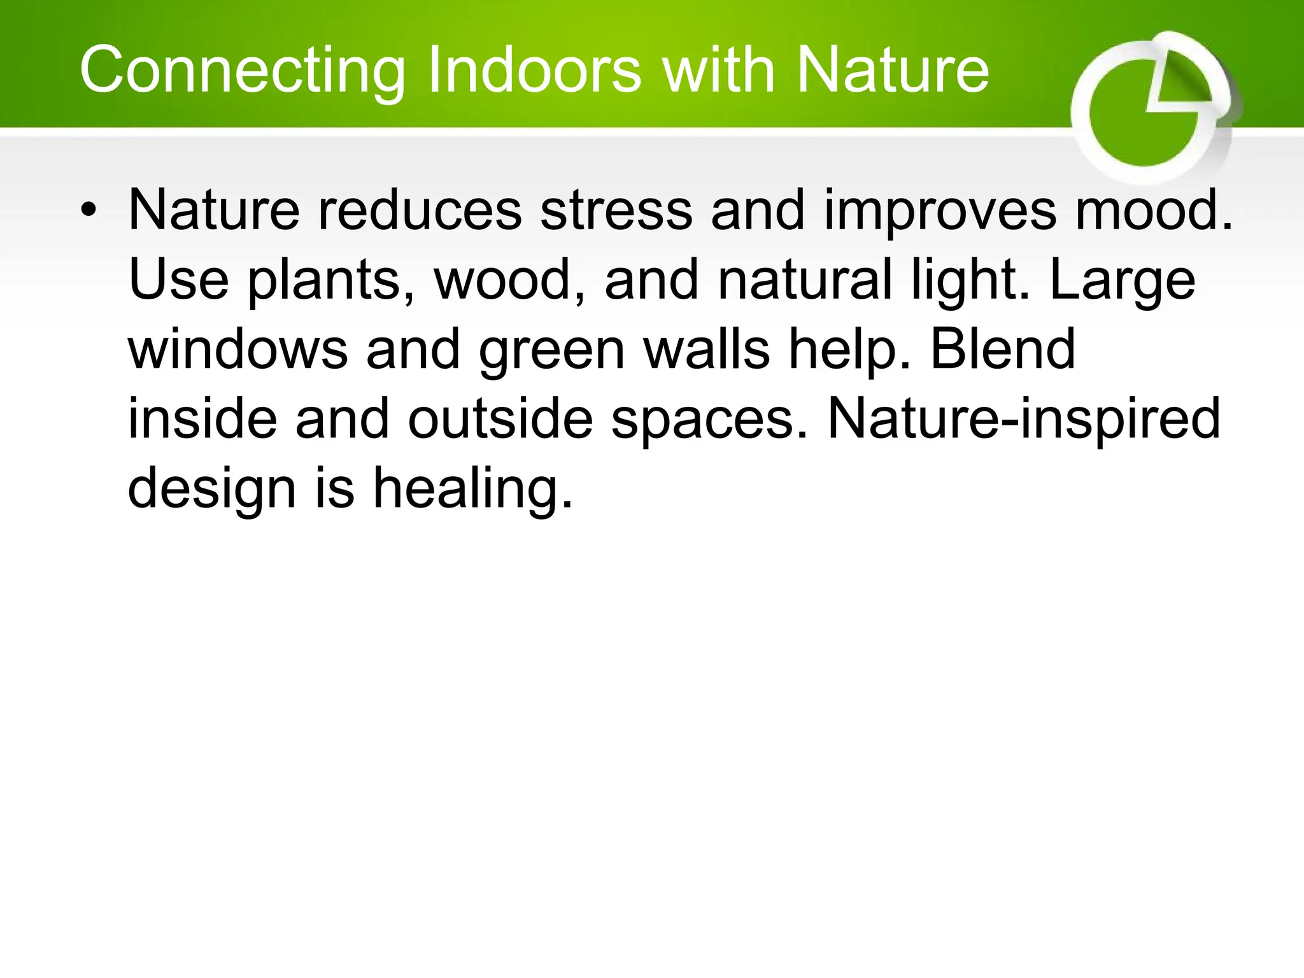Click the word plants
331,281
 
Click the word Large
1122,281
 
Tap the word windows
238,350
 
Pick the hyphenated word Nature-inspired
1023,420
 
